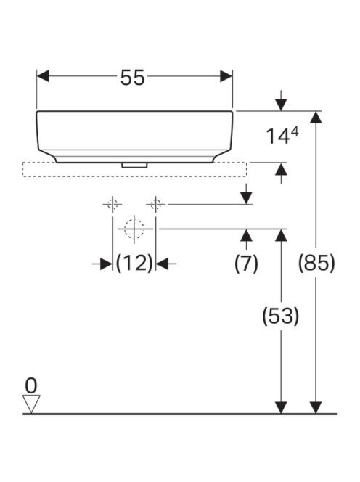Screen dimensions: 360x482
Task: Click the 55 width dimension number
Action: (132, 78)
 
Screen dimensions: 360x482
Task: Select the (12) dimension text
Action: (134, 263)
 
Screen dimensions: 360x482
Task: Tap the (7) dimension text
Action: (246, 264)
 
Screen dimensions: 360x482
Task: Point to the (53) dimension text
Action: (280, 316)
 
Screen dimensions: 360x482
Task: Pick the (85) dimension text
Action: (316, 263)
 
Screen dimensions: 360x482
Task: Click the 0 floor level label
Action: (31, 385)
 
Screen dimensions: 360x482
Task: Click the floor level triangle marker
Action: (31, 404)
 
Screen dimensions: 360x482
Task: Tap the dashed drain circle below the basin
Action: (134, 229)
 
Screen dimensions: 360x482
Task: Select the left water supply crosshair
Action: (112, 204)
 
